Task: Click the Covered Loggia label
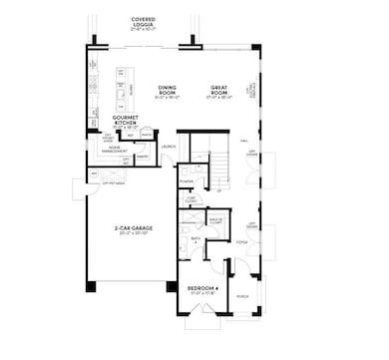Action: (x=150, y=21)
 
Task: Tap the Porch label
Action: (x=242, y=295)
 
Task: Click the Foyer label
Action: (x=242, y=242)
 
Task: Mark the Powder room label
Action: (x=187, y=181)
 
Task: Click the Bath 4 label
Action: (x=196, y=239)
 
